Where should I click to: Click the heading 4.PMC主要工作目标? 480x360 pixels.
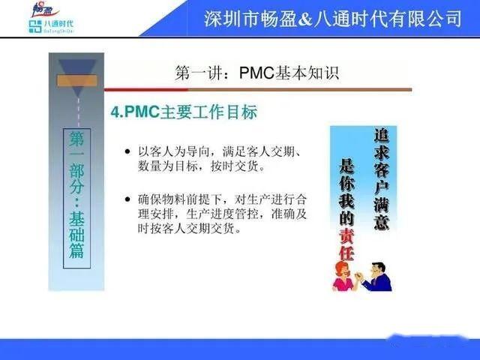184,112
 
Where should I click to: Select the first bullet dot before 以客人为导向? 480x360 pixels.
128,153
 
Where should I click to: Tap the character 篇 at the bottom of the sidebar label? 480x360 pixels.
77,250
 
